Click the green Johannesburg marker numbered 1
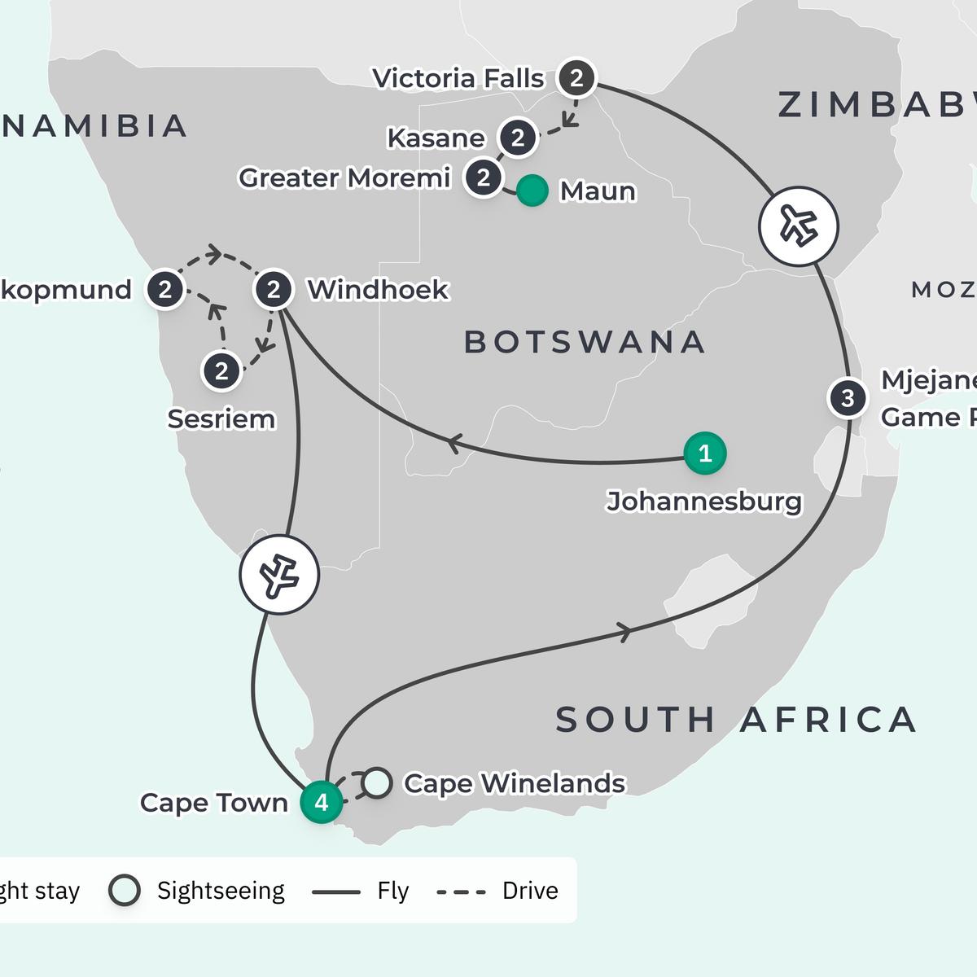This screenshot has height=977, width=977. (705, 453)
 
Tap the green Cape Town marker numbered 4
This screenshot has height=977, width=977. (322, 802)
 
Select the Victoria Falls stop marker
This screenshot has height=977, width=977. (576, 79)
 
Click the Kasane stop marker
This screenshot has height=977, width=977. (518, 138)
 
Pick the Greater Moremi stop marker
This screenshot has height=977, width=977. (484, 177)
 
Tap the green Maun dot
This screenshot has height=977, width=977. (532, 191)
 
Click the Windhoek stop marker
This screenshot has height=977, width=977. (274, 290)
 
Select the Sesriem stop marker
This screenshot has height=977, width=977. (221, 371)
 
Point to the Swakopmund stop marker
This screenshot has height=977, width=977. (165, 290)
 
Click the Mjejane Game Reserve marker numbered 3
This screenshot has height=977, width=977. (848, 398)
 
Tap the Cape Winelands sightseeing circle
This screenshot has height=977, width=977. (376, 782)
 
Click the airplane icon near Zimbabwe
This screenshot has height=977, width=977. (799, 226)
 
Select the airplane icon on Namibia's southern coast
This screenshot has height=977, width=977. (279, 575)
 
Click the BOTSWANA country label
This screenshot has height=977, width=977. (584, 342)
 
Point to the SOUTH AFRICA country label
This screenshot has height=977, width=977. (736, 720)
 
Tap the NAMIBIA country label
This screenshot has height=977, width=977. (94, 126)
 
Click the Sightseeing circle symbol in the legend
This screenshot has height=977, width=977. (125, 891)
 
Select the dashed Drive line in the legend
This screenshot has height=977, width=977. (461, 892)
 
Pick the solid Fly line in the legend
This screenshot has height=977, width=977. (335, 892)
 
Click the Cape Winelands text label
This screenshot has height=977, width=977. (515, 783)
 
